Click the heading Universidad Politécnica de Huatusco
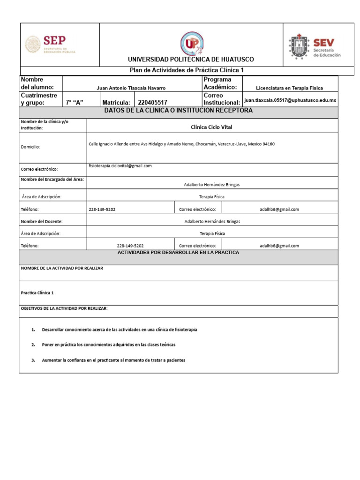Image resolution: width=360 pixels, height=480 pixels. coord(191,60)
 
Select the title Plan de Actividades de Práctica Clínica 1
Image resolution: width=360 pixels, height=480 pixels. coord(187,70)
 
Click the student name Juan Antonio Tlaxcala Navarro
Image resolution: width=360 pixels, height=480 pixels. coord(131,88)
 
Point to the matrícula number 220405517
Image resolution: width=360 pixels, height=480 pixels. coord(152,103)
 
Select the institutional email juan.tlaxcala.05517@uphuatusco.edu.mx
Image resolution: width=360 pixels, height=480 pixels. coord(290,100)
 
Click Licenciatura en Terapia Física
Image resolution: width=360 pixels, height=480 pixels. coord(289,88)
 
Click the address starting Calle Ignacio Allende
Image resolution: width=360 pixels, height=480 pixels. coord(181,144)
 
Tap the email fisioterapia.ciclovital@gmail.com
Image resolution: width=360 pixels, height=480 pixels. coord(120,166)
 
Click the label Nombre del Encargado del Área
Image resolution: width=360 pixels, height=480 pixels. coord(52,179)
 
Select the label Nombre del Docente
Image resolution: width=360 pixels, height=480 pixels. coord(42,221)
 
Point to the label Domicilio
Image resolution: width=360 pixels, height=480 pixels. coord(30,147)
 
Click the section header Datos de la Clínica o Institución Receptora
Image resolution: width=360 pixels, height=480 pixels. coord(178,111)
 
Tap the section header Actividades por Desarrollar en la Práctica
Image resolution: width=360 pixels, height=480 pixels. coord(178,253)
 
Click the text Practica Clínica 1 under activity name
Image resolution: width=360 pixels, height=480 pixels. coord(37,293)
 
